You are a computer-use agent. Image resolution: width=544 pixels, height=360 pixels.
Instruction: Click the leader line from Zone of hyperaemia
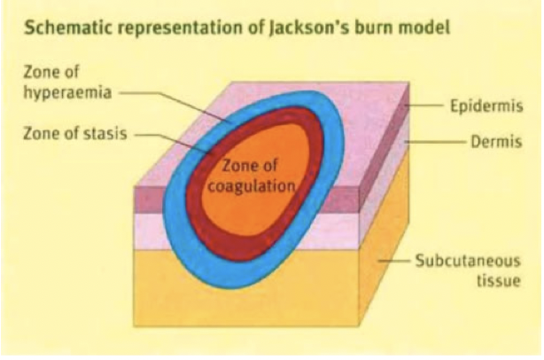coord(168,92)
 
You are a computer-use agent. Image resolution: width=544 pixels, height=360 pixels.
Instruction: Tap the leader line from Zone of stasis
coord(168,138)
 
